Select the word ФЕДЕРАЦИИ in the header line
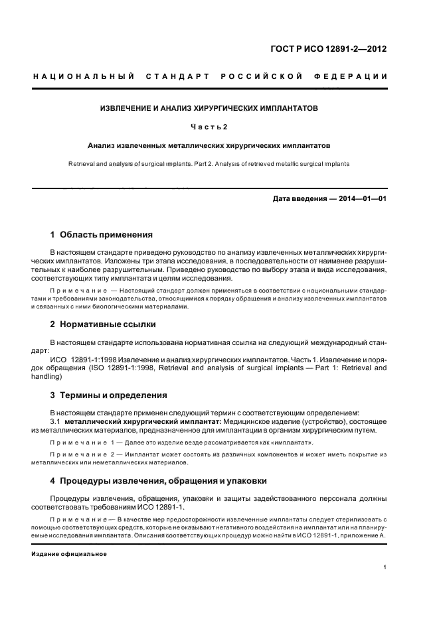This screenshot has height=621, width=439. (x=355, y=76)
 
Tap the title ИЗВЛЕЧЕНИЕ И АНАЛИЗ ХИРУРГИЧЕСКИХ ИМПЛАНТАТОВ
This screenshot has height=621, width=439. (x=209, y=107)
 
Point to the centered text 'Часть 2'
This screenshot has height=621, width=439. (x=209, y=126)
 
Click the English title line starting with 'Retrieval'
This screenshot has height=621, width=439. (x=209, y=163)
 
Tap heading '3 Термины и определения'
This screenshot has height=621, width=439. (x=109, y=395)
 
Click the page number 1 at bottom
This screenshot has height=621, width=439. (x=385, y=567)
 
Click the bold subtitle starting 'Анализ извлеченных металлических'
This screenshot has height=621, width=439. (x=209, y=145)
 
